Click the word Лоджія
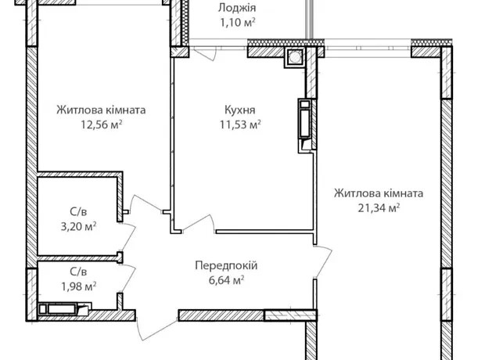point(237,8)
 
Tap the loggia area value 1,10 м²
point(238,23)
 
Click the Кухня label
point(239,110)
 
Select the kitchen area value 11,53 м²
point(240,124)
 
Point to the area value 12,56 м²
point(102,124)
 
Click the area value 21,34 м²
point(379,207)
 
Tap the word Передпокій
point(226,265)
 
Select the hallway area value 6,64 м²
point(227,280)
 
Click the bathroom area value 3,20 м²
point(78,227)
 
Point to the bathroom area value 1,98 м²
point(78,286)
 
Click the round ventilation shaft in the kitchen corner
point(295,57)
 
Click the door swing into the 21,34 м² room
point(324,261)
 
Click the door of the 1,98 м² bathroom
point(128,279)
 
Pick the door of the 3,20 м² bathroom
point(128,236)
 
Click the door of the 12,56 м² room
point(145,203)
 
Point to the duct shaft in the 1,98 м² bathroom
point(64,309)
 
